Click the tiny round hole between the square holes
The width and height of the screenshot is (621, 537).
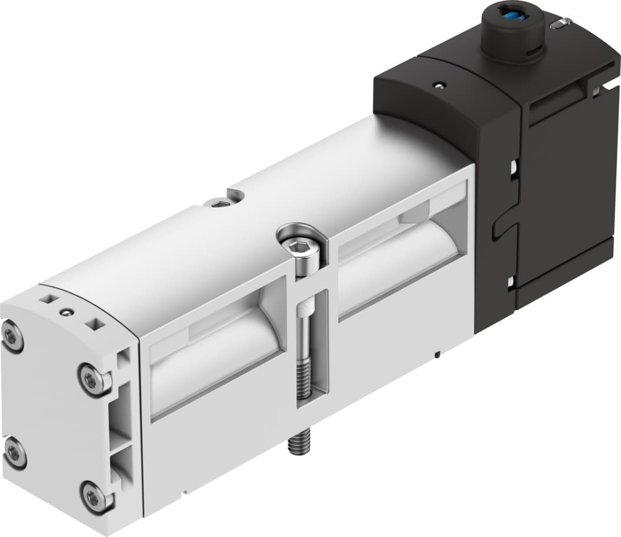[x=70, y=310]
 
